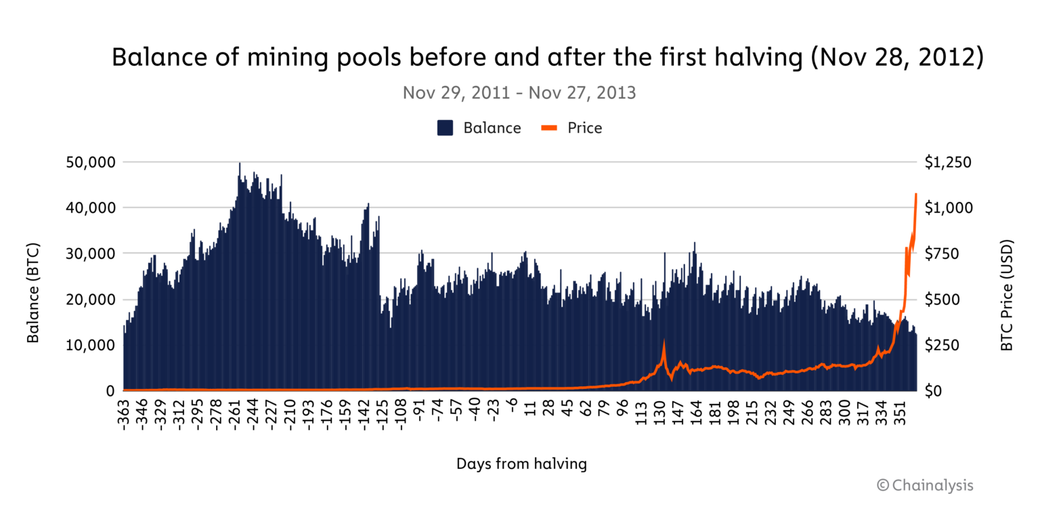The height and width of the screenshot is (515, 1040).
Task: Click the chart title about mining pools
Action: coord(547,58)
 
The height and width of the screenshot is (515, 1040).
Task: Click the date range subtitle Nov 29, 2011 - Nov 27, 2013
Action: coord(519,93)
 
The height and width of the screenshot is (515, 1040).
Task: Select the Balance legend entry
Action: coord(479,127)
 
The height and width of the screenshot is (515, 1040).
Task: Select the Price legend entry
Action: coord(571,127)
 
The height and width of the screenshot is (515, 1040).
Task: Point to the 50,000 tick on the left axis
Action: coord(92,163)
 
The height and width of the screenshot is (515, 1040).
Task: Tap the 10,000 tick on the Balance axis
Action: coord(92,345)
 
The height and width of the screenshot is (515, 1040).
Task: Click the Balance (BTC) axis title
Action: coord(32,293)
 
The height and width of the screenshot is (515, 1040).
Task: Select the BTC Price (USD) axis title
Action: coord(1007,295)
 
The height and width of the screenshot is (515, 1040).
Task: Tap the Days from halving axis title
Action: coord(521,464)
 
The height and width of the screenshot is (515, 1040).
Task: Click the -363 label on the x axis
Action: coord(125,416)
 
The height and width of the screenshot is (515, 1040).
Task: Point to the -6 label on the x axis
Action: coord(513,410)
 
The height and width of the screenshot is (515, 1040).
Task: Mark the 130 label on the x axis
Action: coord(659,413)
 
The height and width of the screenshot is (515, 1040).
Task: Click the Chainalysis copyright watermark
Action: coord(925,485)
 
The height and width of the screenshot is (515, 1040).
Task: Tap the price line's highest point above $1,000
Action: coord(916,194)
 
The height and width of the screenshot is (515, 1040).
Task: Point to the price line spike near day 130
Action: coord(664,341)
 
